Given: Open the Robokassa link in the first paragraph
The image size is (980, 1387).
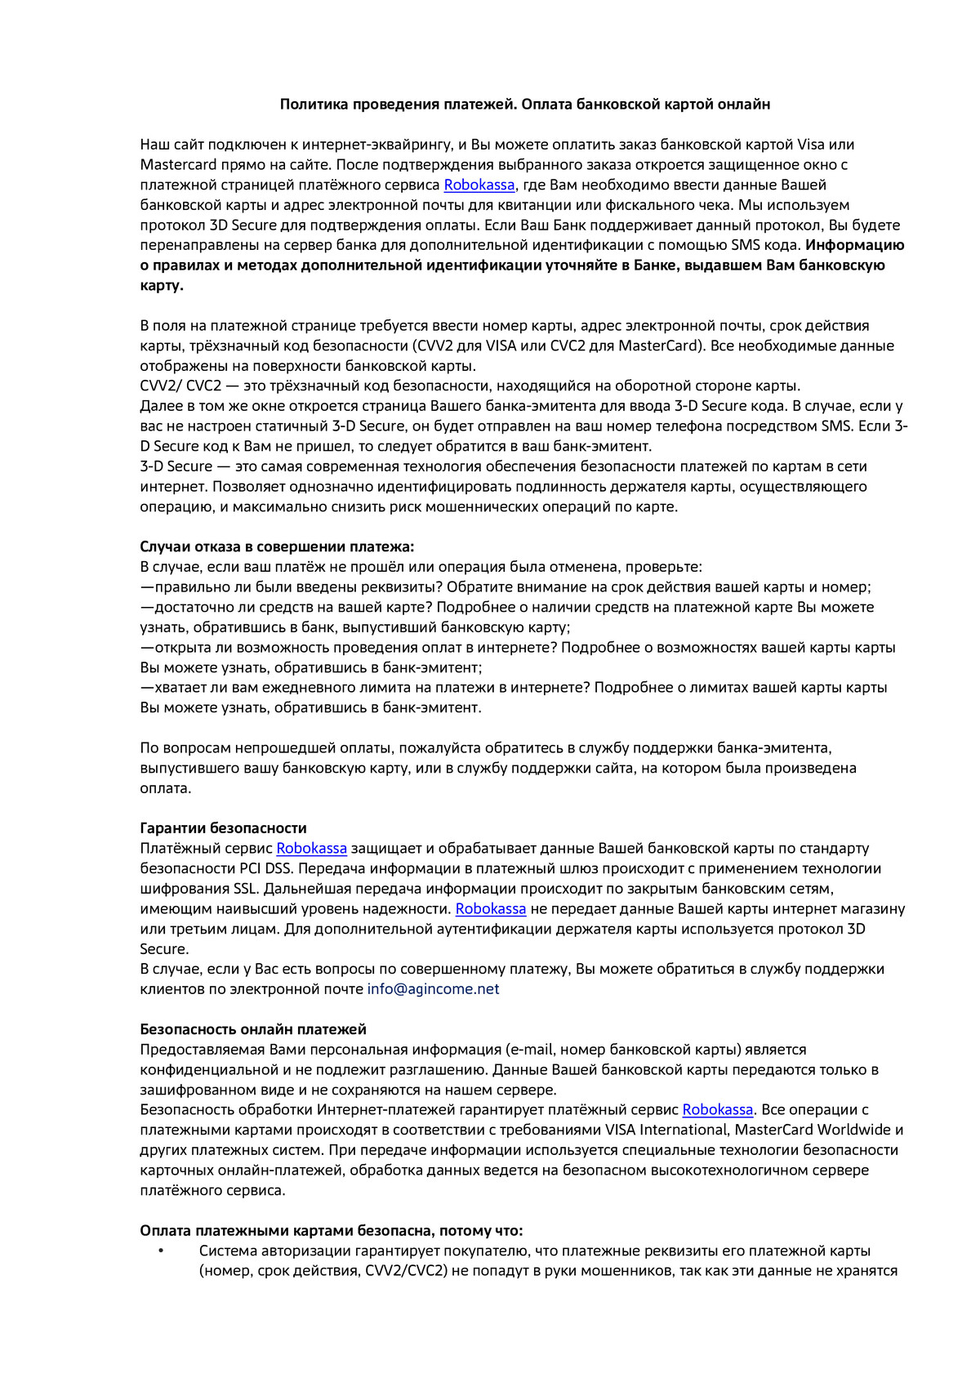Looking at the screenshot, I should [479, 185].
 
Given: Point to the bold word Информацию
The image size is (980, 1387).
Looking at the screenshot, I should [854, 245].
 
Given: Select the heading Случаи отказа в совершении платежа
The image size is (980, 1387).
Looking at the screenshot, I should [277, 547].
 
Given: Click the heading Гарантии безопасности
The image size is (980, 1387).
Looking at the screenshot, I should [223, 828].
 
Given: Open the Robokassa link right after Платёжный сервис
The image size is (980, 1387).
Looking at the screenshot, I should [311, 849].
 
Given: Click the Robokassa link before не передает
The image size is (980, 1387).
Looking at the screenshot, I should [490, 909].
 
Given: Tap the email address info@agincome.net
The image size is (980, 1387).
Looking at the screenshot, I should [433, 989].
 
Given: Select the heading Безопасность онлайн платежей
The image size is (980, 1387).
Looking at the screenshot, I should [253, 1029].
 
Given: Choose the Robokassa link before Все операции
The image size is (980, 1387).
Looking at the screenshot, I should [717, 1110].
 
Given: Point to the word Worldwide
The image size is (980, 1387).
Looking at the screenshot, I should [854, 1130].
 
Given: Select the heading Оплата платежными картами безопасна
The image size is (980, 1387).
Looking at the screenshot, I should [331, 1231].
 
